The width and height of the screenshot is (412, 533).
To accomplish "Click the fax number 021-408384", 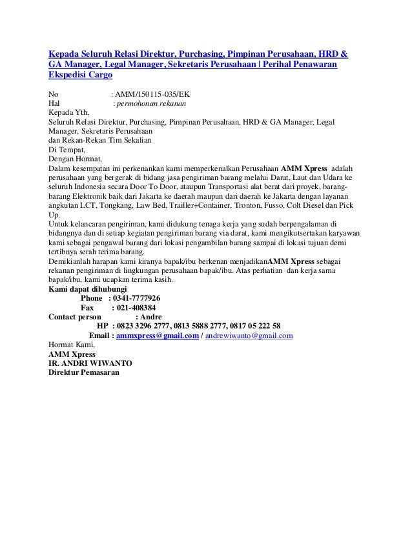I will click(x=133, y=308).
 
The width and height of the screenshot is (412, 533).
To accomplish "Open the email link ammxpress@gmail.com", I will click(x=157, y=336).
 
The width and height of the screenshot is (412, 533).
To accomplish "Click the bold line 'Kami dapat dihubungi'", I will click(x=88, y=289).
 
